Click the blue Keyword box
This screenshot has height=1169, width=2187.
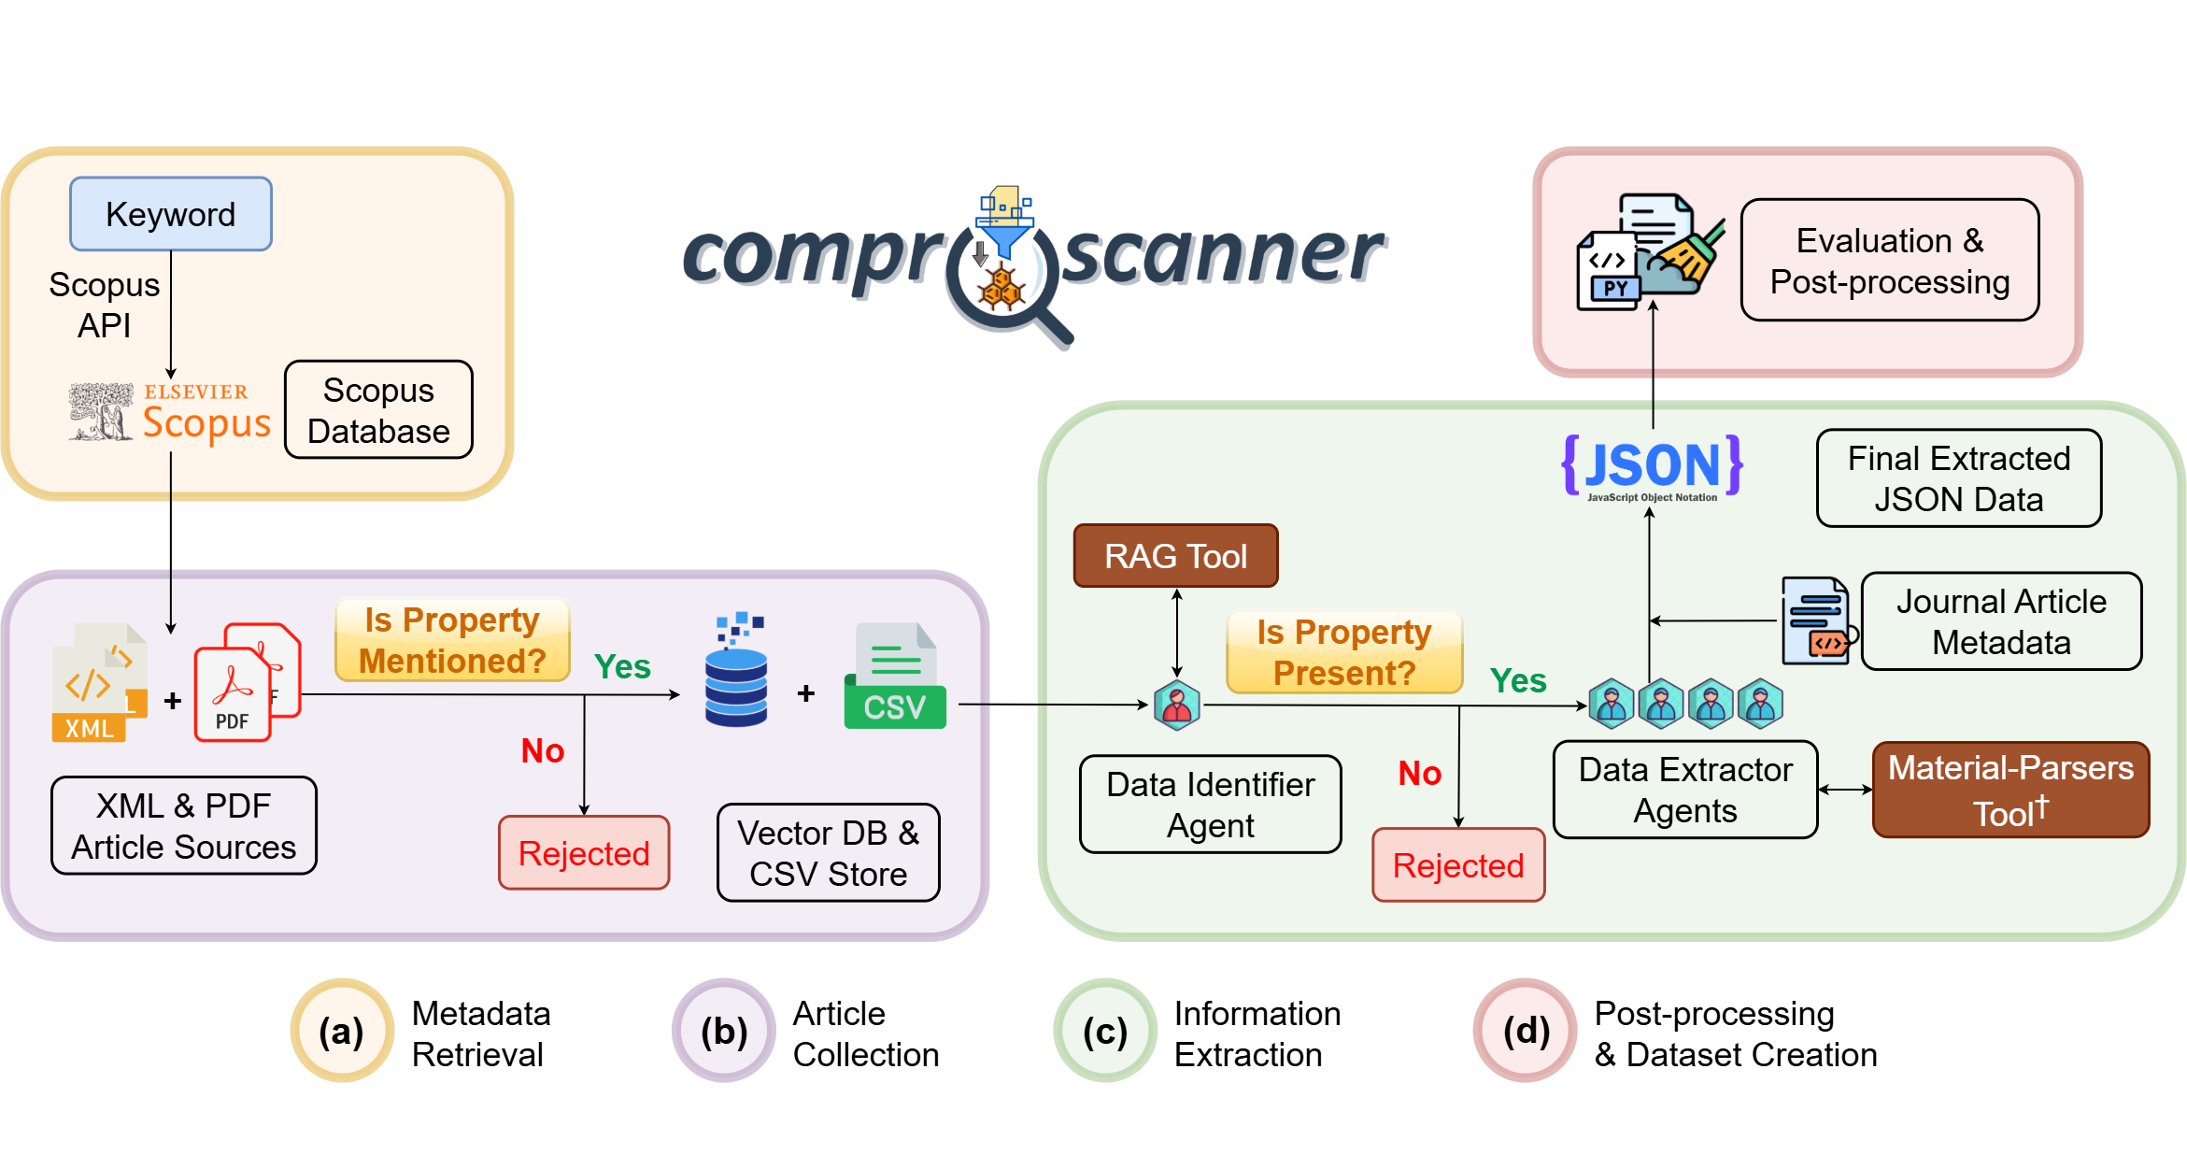[171, 214]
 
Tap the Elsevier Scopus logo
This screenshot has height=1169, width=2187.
[170, 412]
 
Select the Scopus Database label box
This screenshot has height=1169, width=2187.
[378, 410]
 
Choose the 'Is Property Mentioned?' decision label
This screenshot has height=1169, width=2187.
[452, 641]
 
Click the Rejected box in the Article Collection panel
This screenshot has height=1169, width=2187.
[584, 853]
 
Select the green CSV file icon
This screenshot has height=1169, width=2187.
[894, 678]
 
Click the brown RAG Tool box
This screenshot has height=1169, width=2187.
[1175, 556]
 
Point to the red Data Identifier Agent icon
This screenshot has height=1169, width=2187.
[1176, 706]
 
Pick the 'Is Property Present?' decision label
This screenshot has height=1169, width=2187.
[1343, 652]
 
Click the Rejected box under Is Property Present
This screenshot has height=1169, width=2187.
[1457, 865]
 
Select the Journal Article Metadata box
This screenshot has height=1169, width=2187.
[2001, 622]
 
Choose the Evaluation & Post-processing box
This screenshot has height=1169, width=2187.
[1889, 261]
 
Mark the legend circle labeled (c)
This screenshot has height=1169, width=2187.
[1105, 1032]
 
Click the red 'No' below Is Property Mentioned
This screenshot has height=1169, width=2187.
[543, 750]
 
